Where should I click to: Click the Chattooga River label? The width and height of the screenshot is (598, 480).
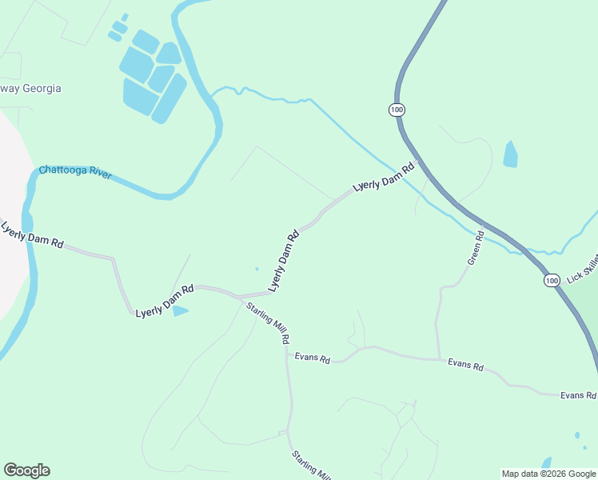click(75, 171)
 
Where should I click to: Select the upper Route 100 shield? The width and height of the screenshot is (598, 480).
click(397, 109)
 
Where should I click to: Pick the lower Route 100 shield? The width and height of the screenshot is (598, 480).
click(552, 280)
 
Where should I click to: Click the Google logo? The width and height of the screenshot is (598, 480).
click(26, 470)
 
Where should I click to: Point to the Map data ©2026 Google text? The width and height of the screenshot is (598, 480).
click(548, 474)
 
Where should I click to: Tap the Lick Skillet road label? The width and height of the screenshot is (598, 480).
click(582, 269)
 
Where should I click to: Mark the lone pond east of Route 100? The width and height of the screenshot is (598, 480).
click(510, 154)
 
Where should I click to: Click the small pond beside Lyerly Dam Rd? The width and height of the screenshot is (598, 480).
click(180, 310)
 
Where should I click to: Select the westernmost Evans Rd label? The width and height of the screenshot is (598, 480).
click(312, 358)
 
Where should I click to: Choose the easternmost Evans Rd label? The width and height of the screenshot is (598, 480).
click(578, 395)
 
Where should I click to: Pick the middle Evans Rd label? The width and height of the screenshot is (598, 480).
click(465, 366)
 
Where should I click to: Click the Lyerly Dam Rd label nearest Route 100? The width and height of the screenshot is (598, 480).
click(385, 177)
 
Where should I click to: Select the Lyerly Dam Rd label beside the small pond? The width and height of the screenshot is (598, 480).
click(165, 300)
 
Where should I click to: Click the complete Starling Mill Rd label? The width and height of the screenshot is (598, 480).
click(268, 323)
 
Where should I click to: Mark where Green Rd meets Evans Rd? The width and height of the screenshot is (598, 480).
click(438, 359)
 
